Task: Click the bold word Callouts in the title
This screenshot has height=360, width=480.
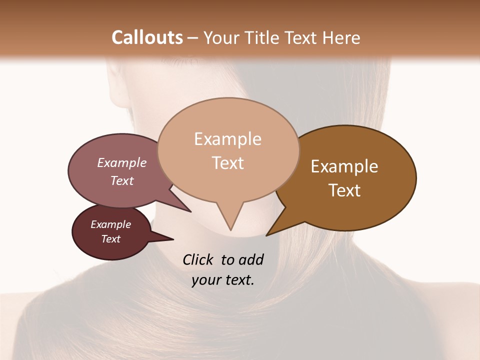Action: click(x=147, y=37)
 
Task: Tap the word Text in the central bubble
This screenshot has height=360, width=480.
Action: click(x=227, y=163)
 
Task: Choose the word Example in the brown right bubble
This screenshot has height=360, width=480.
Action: click(x=344, y=166)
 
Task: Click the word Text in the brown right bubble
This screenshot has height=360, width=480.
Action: click(x=344, y=190)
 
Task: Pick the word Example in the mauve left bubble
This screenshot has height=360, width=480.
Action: click(x=121, y=162)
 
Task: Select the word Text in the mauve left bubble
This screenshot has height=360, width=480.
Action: click(x=121, y=180)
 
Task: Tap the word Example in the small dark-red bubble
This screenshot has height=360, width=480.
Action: click(x=110, y=224)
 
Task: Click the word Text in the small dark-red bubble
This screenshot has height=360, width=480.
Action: click(x=110, y=239)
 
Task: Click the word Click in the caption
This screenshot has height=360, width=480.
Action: click(x=197, y=259)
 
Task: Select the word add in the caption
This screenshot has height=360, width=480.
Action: click(x=250, y=259)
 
